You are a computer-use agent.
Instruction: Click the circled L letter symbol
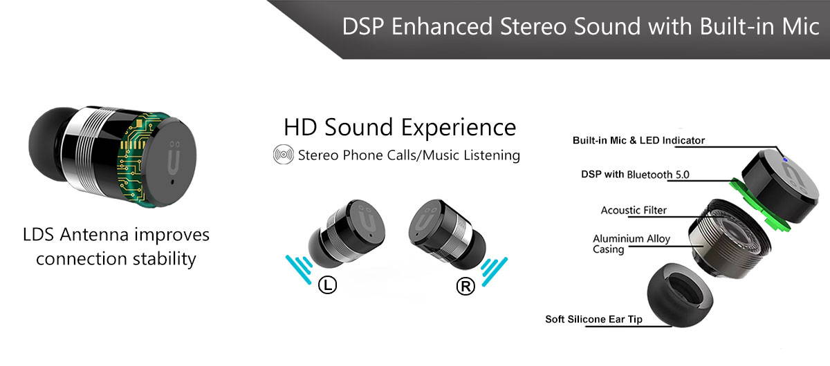328,285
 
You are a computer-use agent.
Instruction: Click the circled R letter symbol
465,286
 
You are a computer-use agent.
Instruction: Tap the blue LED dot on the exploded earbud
784,160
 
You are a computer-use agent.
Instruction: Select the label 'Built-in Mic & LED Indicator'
638,141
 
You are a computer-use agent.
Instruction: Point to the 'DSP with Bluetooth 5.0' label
635,174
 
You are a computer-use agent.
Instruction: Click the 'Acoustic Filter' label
634,210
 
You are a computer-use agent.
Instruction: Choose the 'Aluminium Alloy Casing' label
631,244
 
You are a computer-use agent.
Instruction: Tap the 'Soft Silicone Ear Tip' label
593,319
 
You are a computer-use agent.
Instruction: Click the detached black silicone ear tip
680,295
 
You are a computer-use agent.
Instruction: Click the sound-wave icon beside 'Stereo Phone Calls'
284,155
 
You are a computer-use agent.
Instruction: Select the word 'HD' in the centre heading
300,127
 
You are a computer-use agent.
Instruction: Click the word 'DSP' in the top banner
364,27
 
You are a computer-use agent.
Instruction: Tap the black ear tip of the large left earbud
48,144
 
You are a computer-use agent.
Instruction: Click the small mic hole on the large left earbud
172,182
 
